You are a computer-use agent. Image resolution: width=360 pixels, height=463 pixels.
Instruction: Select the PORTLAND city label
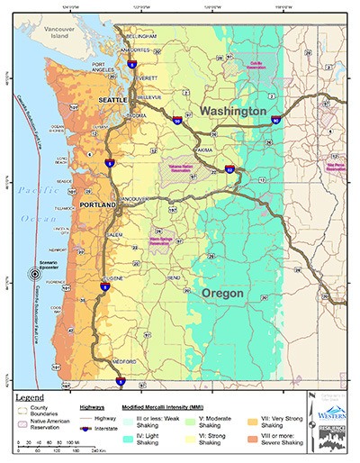point(97,205)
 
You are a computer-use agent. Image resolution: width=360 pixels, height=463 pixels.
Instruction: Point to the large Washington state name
point(233,110)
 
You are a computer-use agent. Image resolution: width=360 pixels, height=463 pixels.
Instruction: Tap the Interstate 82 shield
point(229,168)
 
